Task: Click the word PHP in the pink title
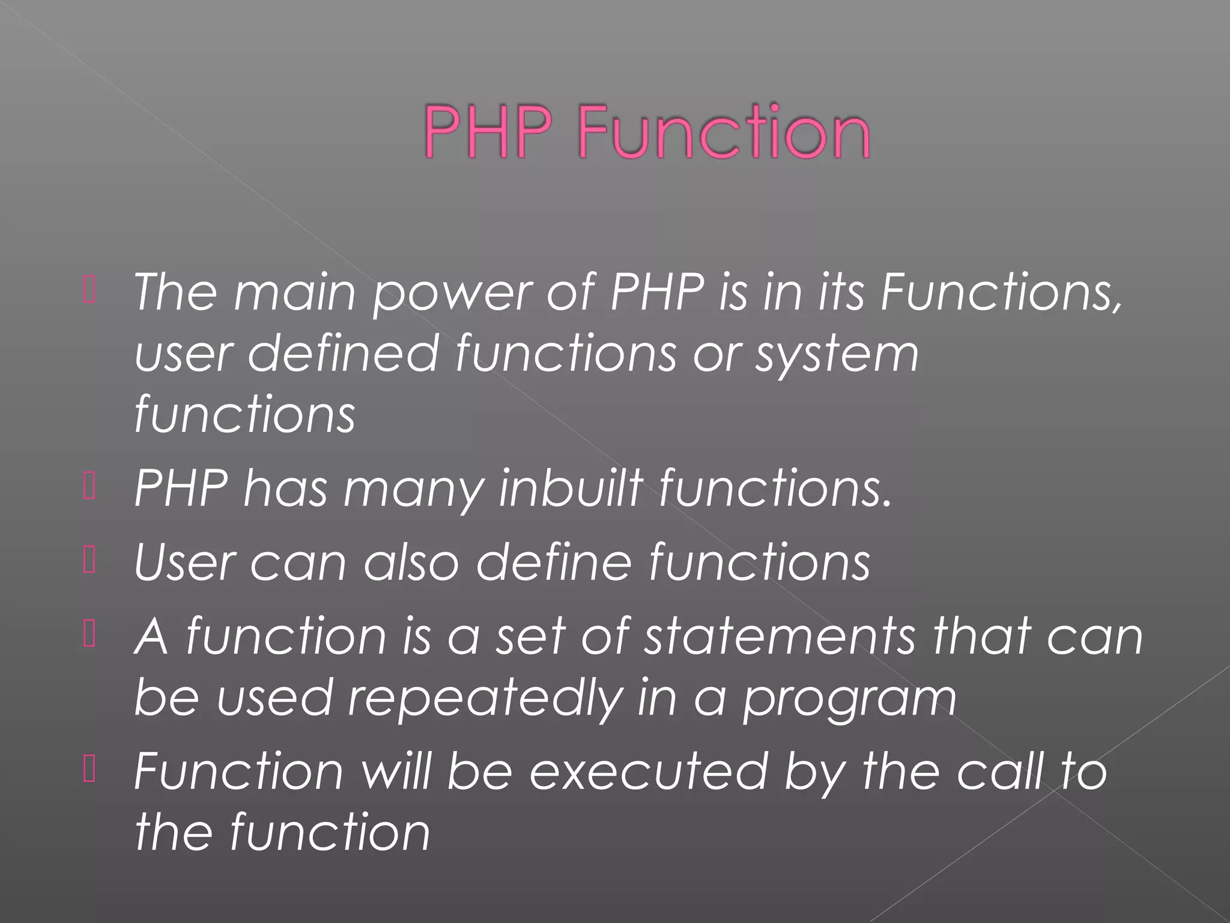[488, 131]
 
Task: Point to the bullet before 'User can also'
[89, 561]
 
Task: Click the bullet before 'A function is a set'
[89, 636]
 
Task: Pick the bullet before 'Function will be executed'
[89, 771]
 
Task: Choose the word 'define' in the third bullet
[554, 561]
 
